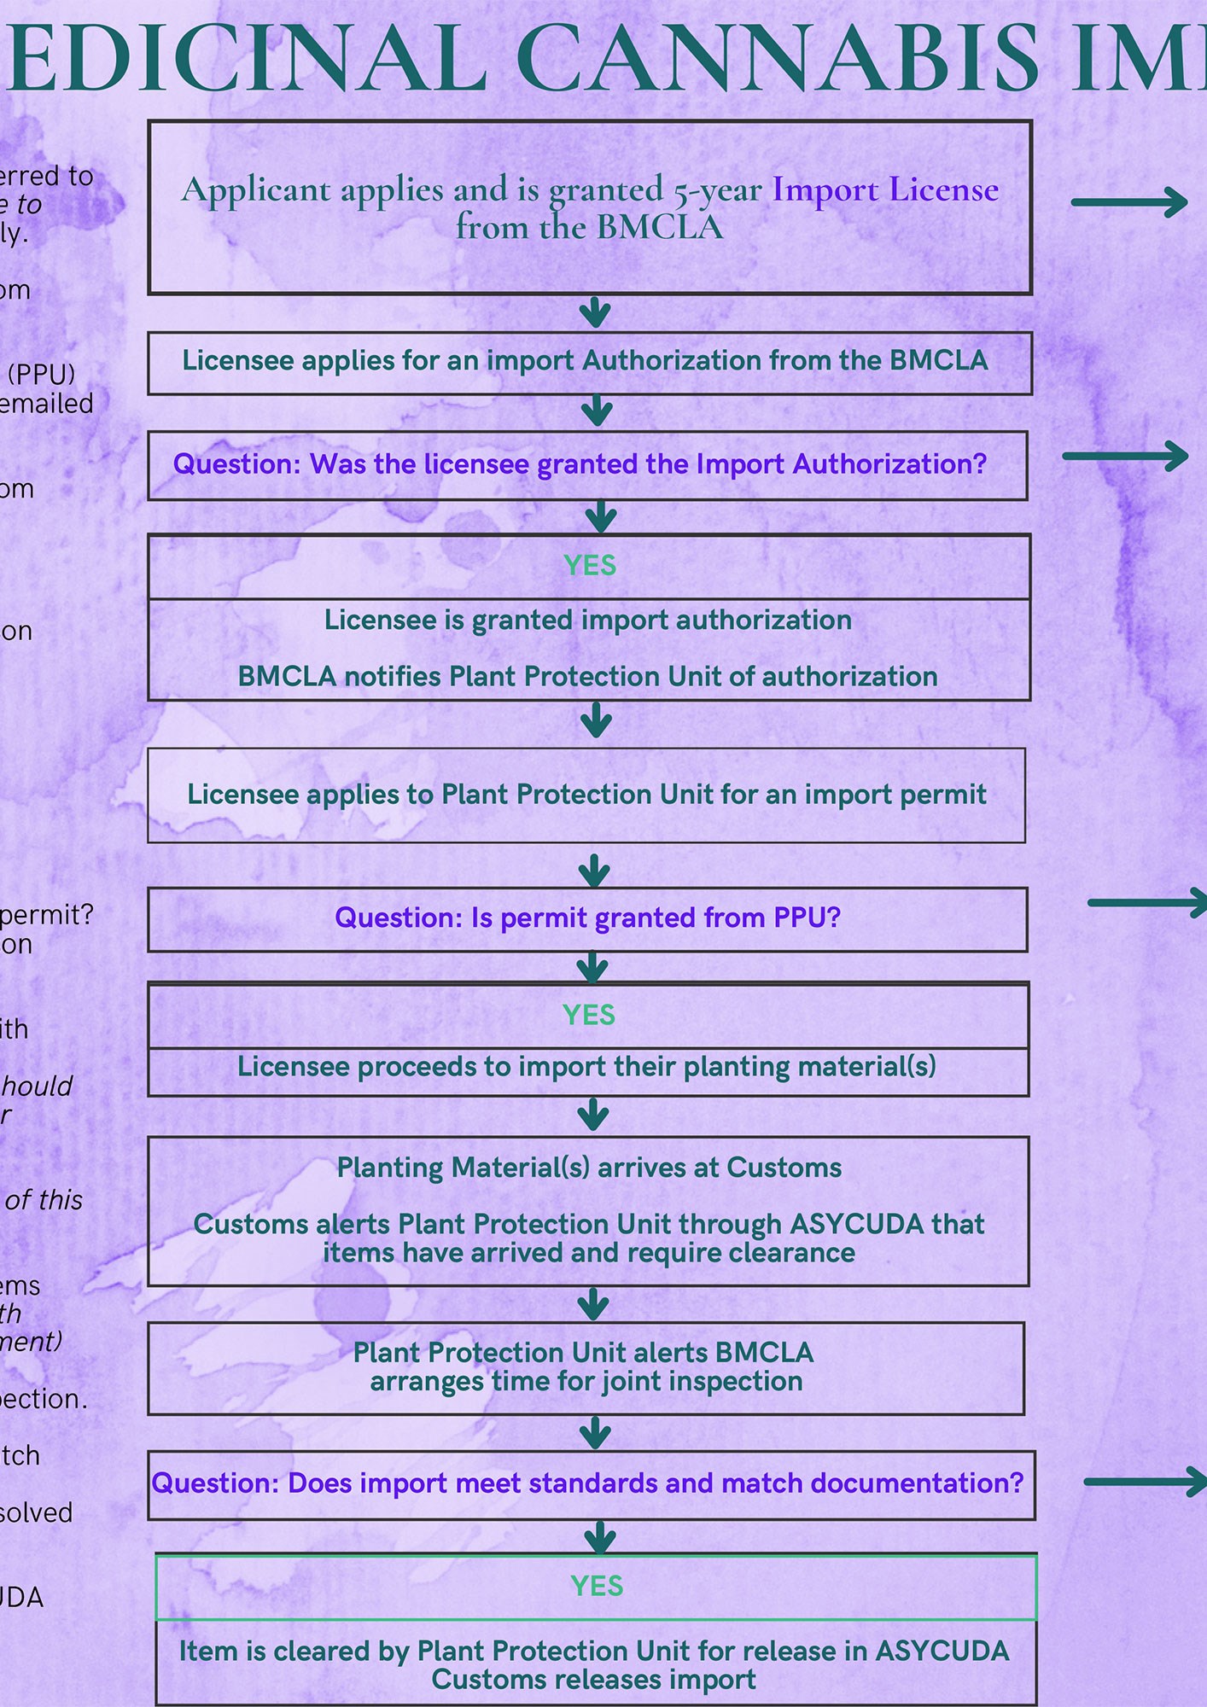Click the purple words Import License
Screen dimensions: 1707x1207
click(x=885, y=189)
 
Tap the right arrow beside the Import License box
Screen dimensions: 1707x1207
click(x=1129, y=202)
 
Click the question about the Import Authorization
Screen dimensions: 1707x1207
click(x=580, y=464)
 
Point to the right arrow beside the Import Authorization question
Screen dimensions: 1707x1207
click(x=1125, y=456)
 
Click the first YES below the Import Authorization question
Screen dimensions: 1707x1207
click(x=590, y=566)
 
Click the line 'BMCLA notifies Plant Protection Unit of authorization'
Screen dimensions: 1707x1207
click(x=587, y=677)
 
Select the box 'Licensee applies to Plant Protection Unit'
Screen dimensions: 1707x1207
click(x=586, y=795)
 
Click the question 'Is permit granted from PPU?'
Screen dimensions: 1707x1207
click(x=587, y=918)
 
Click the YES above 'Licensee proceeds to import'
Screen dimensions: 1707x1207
click(x=589, y=1016)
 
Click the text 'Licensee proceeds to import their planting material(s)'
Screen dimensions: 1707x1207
click(x=587, y=1067)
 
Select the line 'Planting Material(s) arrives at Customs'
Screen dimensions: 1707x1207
click(x=589, y=1168)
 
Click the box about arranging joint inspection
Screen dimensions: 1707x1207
click(x=586, y=1367)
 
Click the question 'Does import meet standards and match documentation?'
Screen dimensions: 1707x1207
click(x=587, y=1483)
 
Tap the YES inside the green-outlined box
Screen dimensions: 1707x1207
click(x=597, y=1586)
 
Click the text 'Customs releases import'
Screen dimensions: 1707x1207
click(x=593, y=1680)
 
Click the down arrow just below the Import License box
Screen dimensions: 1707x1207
click(x=595, y=312)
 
